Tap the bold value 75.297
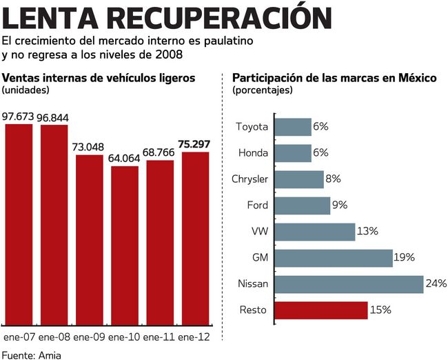pyautogui.click(x=195, y=144)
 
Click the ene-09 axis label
pyautogui.click(x=89, y=337)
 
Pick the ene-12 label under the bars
pyautogui.click(x=195, y=337)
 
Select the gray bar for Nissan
pyautogui.click(x=348, y=284)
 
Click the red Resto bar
pyautogui.click(x=320, y=310)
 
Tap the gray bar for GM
pyautogui.click(x=333, y=258)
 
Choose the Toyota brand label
pyautogui.click(x=252, y=127)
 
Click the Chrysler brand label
pyautogui.click(x=250, y=179)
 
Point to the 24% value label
pyautogui.click(x=436, y=284)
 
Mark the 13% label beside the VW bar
pyautogui.click(x=368, y=232)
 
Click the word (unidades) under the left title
pyautogui.click(x=26, y=90)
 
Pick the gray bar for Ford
pyautogui.click(x=302, y=206)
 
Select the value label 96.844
pyautogui.click(x=54, y=117)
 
